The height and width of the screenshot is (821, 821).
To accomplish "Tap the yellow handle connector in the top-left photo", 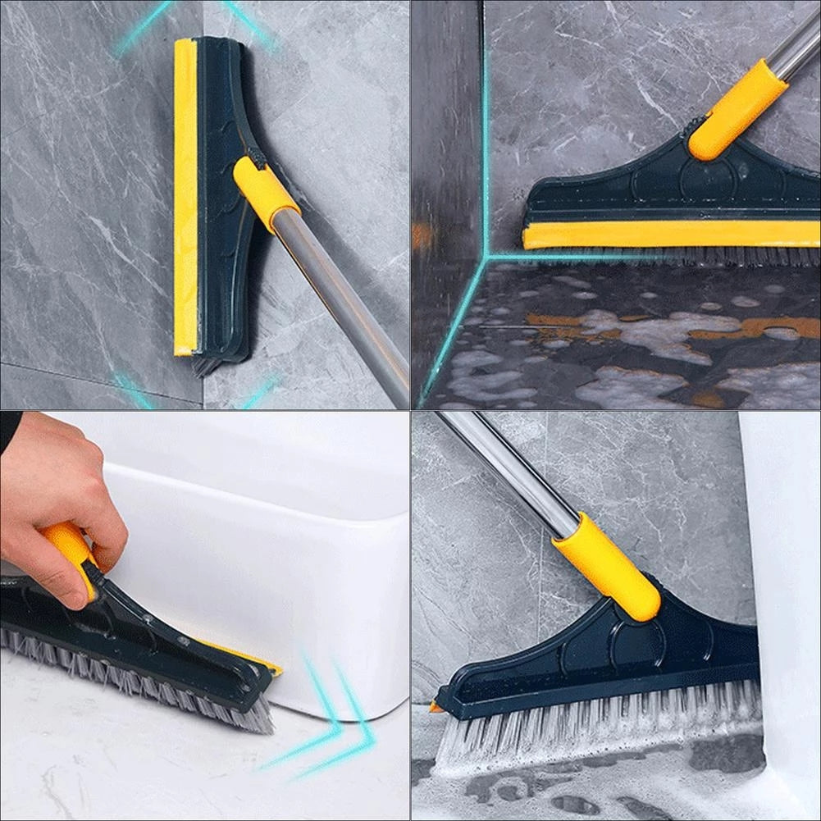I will coord(265,192).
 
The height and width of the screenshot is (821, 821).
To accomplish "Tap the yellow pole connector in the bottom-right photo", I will coord(607,566).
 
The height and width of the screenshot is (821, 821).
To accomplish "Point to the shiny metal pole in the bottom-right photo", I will coord(509,468).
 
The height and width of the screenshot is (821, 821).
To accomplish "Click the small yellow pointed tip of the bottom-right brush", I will coord(435,707).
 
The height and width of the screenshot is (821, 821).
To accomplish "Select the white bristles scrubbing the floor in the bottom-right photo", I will coord(591,722).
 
